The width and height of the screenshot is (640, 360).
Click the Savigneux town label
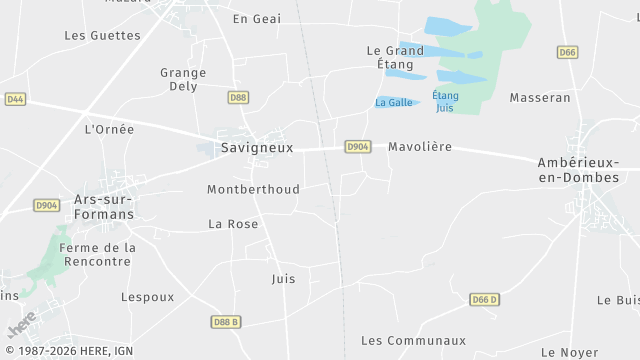(x=256, y=147)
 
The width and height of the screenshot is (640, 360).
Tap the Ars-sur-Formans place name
(x=103, y=206)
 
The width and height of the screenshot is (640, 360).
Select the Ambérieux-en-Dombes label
(x=578, y=170)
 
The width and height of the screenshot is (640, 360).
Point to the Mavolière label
(x=420, y=147)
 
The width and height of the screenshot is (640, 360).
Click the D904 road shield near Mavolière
(x=358, y=147)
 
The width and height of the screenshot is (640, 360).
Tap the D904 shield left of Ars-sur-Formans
(x=46, y=205)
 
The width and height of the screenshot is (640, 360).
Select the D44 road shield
(x=15, y=99)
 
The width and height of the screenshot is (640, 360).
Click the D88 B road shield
(x=226, y=322)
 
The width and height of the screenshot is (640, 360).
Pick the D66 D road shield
(x=485, y=300)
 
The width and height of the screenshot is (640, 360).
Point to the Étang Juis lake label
(x=445, y=101)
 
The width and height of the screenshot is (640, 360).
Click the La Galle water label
(x=392, y=103)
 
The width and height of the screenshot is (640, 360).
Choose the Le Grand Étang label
(x=395, y=57)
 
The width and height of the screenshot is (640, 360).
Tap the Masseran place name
(x=540, y=98)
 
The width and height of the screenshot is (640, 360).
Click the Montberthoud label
(x=253, y=190)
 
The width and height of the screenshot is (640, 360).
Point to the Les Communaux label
(x=414, y=341)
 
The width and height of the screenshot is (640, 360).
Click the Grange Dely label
(x=183, y=79)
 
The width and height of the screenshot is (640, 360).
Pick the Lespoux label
(x=147, y=297)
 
